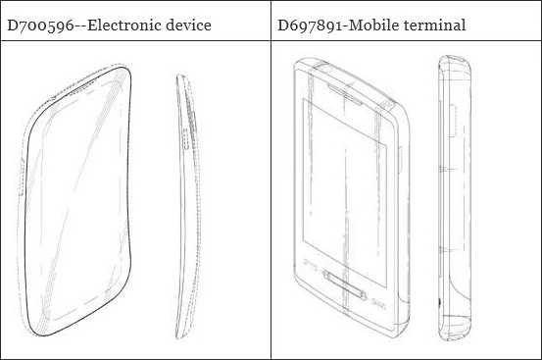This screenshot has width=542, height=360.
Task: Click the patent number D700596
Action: pos(40,26)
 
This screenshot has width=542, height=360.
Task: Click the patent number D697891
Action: pos(310,26)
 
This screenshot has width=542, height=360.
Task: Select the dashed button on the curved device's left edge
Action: pos(22,178)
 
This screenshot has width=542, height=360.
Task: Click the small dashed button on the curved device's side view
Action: pos(186,139)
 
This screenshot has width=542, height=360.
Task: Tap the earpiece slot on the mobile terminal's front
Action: pos(345,94)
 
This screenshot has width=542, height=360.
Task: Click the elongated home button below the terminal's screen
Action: pos(344,284)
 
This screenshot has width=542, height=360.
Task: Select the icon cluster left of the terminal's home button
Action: pos(310,265)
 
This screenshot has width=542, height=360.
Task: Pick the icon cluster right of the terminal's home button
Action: pos(378,304)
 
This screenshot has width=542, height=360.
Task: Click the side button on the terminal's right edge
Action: pos(400,160)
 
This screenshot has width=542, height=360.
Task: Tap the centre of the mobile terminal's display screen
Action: pos(345,192)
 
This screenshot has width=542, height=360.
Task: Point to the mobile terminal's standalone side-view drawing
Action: pos(455,198)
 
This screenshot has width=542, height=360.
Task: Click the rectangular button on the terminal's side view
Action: pos(453,121)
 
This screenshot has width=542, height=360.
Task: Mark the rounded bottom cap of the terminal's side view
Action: pos(455,328)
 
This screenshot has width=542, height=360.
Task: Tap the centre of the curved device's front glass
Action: pos(77,200)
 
